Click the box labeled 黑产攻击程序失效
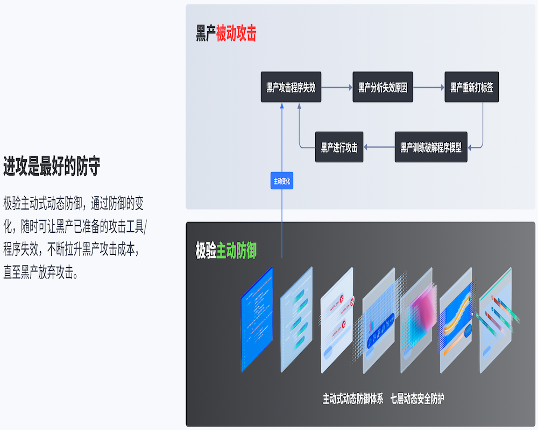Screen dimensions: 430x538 point(291,87)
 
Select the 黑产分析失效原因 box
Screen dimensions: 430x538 point(383,87)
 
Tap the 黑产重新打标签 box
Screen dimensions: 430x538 point(471,87)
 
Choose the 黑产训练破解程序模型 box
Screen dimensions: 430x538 point(431,147)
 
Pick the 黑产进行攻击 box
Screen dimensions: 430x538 point(339,147)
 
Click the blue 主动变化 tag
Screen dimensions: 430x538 point(281,182)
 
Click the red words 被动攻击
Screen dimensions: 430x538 point(236,34)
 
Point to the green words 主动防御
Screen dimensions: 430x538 point(236,250)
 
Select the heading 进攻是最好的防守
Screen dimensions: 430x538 point(52,167)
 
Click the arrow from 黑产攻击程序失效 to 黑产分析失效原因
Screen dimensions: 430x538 point(337,87)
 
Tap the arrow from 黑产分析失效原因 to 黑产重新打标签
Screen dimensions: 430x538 point(429,87)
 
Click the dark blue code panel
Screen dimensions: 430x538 point(257,320)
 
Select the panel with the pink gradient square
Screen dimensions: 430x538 point(416,320)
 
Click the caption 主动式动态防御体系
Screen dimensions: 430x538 point(353,399)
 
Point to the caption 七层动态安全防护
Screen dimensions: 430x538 point(417,399)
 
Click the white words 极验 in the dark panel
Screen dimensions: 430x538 point(206,250)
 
